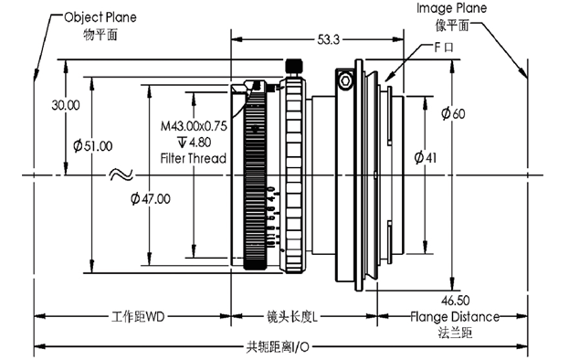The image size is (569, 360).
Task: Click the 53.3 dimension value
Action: coord(329,39)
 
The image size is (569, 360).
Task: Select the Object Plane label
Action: coord(100,17)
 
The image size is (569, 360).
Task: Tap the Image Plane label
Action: coord(451,8)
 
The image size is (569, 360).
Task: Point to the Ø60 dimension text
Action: coord(453,113)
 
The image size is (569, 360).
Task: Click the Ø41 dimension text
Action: coord(426,157)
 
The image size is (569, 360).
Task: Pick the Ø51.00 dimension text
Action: coord(93,146)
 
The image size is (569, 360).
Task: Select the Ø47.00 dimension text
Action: coord(150,198)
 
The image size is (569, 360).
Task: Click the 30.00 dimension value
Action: coord(66,105)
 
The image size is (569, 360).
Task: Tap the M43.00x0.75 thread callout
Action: coord(194,126)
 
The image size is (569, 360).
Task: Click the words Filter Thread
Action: coord(194,158)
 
